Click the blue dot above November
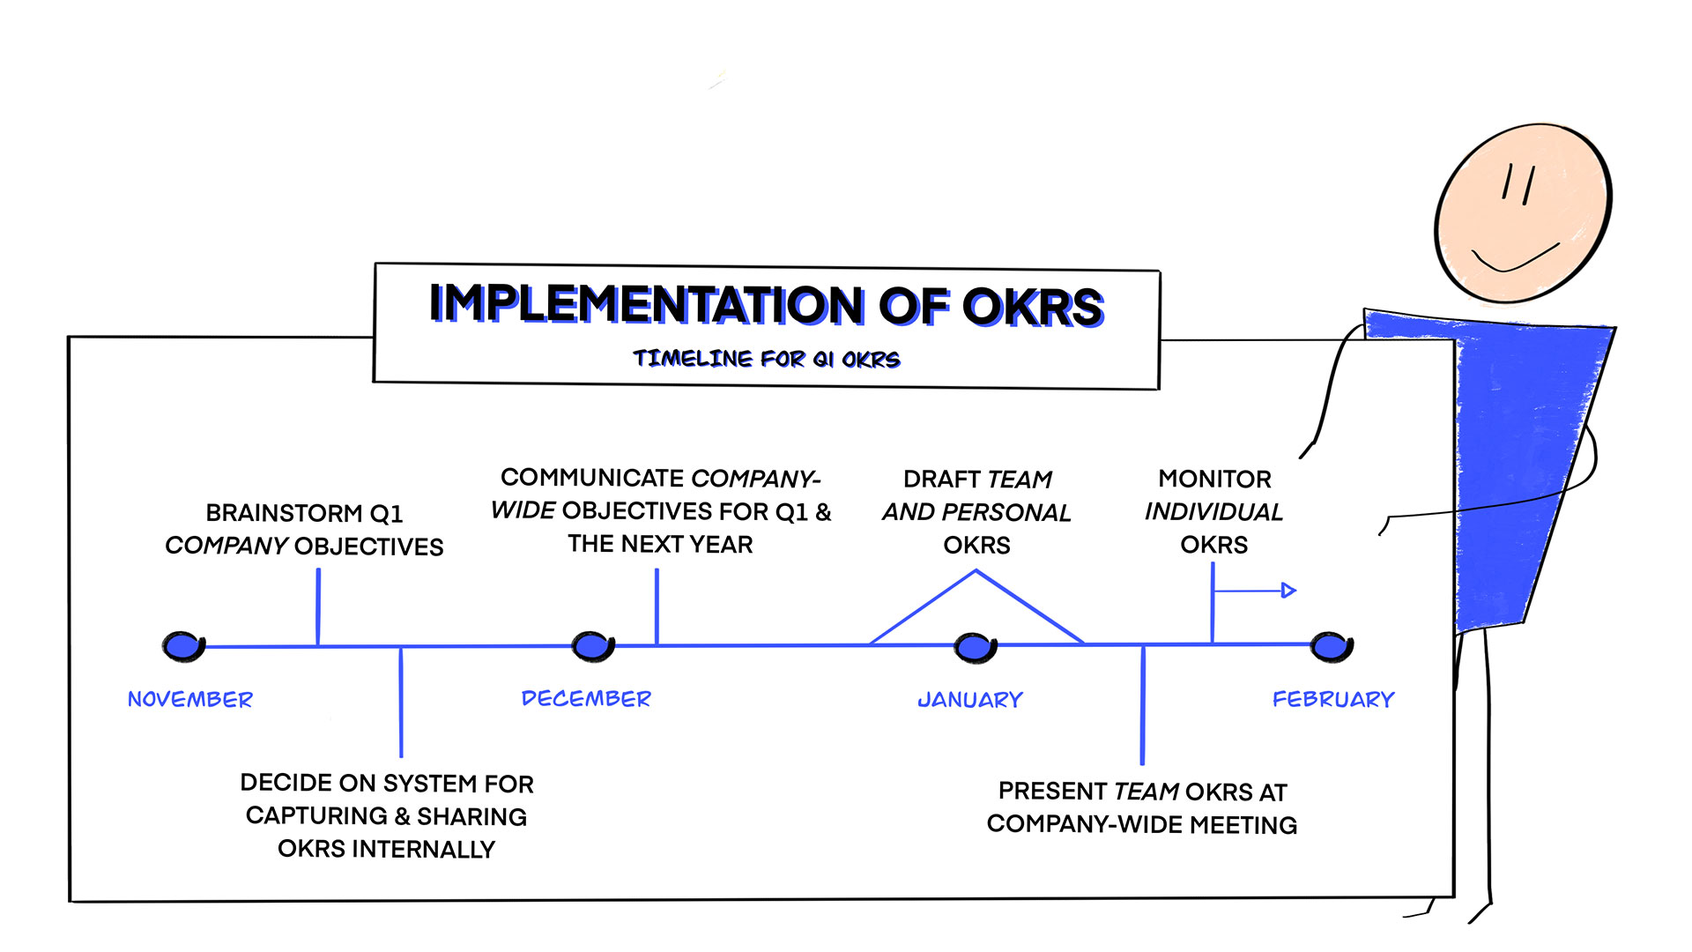[x=183, y=646]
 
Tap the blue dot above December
[x=593, y=646]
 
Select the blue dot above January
[x=976, y=648]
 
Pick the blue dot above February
[x=1332, y=647]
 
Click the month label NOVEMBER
[x=190, y=700]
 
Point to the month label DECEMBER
[x=586, y=699]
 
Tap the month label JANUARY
[x=970, y=700]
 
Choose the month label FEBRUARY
[x=1333, y=700]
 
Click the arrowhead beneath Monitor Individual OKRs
[x=1288, y=590]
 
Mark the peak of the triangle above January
[x=976, y=571]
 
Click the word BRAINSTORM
[x=284, y=513]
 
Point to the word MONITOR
[x=1214, y=479]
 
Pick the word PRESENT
[x=1052, y=792]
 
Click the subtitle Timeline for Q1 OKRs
[x=767, y=359]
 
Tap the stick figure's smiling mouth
[x=1516, y=258]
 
